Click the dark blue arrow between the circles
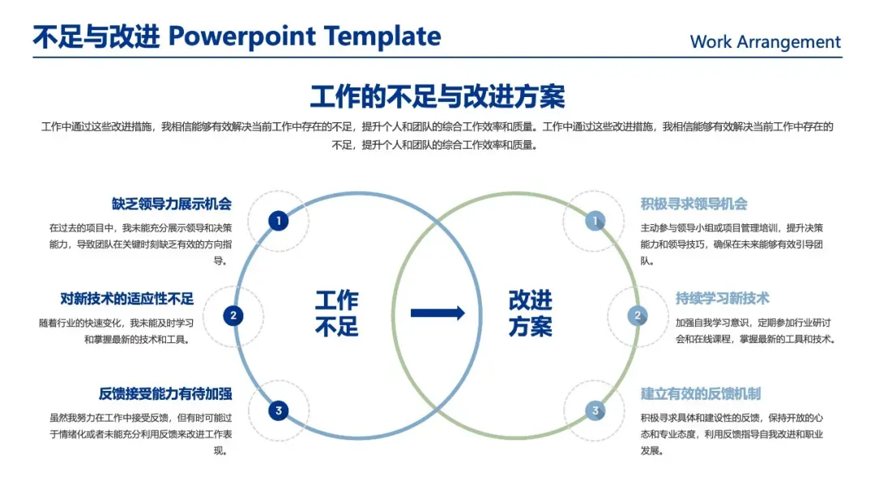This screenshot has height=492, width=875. (437, 313)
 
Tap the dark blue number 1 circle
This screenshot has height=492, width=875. (279, 220)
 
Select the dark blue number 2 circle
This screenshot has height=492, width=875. (233, 316)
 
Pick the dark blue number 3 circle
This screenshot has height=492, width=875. (279, 411)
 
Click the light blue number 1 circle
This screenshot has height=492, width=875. (595, 220)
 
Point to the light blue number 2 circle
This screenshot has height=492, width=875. (638, 316)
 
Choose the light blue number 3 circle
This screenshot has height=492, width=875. (595, 411)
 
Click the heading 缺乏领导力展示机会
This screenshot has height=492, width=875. (172, 204)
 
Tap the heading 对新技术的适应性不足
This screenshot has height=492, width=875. (127, 299)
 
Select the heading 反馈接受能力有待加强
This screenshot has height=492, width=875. (165, 394)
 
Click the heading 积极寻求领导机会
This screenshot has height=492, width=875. (694, 204)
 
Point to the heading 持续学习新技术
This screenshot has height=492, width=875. (723, 299)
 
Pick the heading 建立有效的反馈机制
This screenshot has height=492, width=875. (701, 394)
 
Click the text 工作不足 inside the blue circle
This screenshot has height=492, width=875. (336, 313)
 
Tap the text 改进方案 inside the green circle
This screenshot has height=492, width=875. (531, 313)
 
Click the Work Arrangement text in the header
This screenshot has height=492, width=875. (765, 42)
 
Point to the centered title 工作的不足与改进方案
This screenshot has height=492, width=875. (437, 96)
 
